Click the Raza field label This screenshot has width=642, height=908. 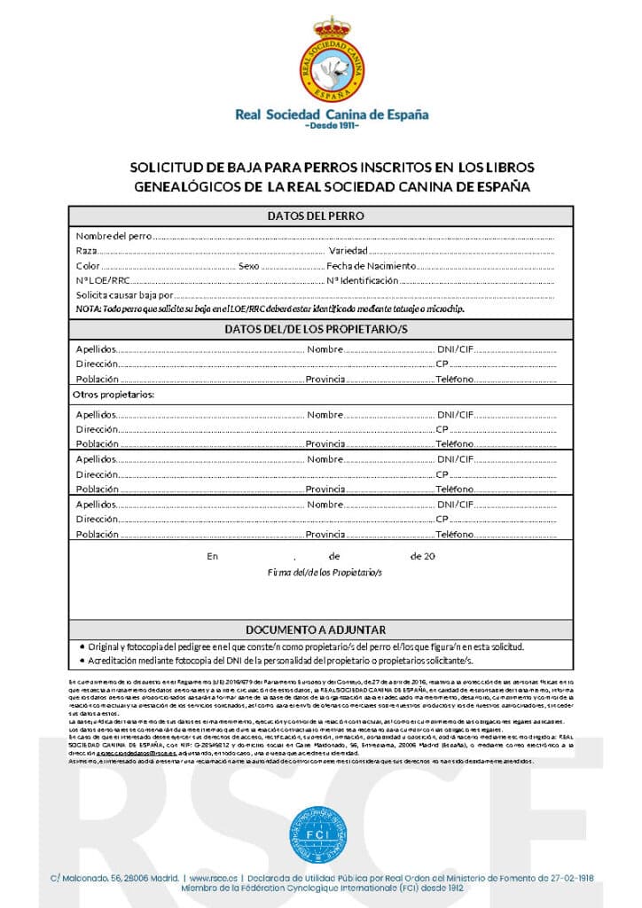[86, 252]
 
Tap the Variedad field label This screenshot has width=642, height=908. [348, 252]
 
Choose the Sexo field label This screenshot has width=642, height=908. [248, 266]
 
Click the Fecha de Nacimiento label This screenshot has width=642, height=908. [371, 266]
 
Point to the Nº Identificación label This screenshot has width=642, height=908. [363, 280]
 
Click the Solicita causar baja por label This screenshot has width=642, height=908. [123, 294]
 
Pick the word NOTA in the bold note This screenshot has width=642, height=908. [88, 309]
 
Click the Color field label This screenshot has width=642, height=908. [88, 266]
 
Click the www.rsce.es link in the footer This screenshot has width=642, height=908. [210, 878]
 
